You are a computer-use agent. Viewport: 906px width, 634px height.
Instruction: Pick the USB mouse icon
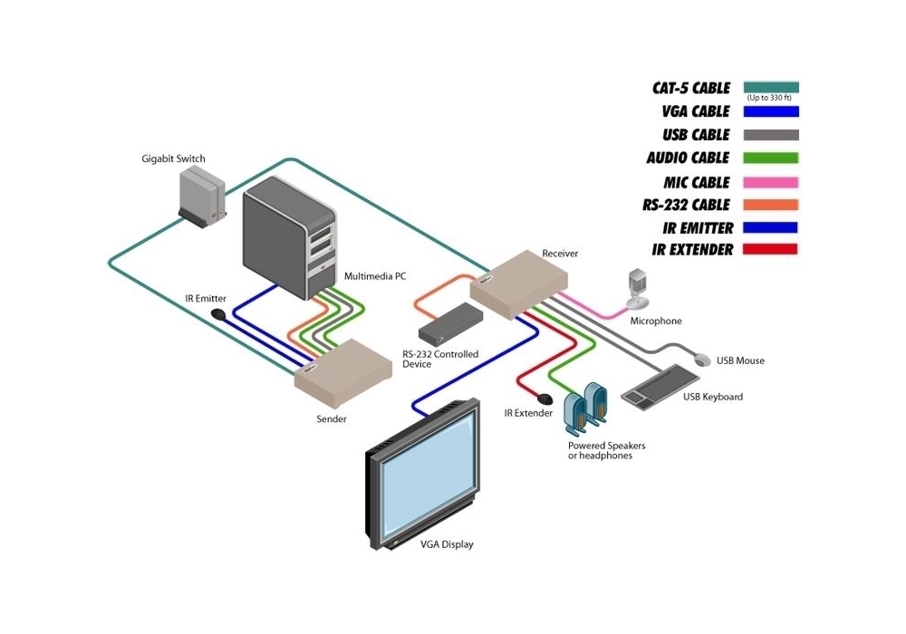[x=701, y=360]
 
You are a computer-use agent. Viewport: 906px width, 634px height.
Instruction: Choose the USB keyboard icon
[x=660, y=385]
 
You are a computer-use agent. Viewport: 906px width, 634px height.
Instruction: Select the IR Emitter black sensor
[x=218, y=314]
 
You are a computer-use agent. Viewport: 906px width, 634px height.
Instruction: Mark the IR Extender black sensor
[x=545, y=398]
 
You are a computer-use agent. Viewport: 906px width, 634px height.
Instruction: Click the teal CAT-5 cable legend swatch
[x=771, y=87]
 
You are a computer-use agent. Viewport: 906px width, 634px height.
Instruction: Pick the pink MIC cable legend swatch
[x=771, y=182]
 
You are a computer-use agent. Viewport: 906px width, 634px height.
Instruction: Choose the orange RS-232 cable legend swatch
[x=771, y=205]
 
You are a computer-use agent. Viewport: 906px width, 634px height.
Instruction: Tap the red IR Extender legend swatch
[x=771, y=249]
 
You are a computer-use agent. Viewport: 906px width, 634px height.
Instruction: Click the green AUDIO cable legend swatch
[x=771, y=158]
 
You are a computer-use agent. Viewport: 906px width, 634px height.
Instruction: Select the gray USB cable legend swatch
[x=771, y=135]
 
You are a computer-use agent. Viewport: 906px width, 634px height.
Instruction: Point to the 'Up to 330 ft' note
[x=770, y=98]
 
